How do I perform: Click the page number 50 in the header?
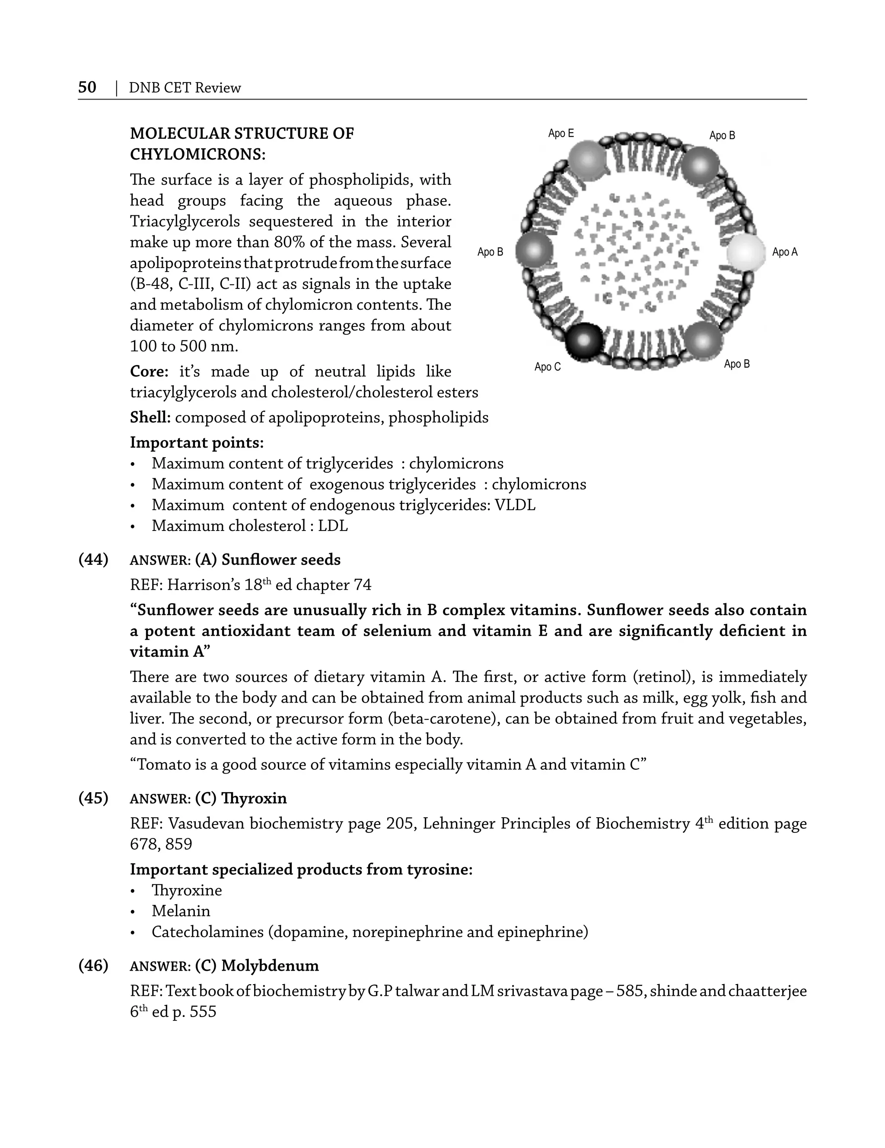tap(87, 87)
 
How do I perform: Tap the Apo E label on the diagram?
tap(560, 134)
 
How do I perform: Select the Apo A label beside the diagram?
tap(784, 253)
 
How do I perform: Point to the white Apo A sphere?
tap(746, 253)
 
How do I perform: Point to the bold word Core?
tap(149, 371)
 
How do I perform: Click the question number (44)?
tap(93, 560)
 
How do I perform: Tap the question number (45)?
tap(93, 799)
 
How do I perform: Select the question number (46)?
tap(93, 966)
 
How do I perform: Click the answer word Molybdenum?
tap(270, 966)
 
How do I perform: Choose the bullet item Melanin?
tap(181, 911)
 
